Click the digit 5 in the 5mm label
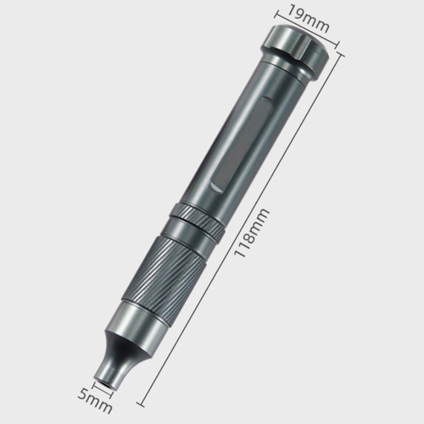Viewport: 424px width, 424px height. (x=83, y=396)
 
